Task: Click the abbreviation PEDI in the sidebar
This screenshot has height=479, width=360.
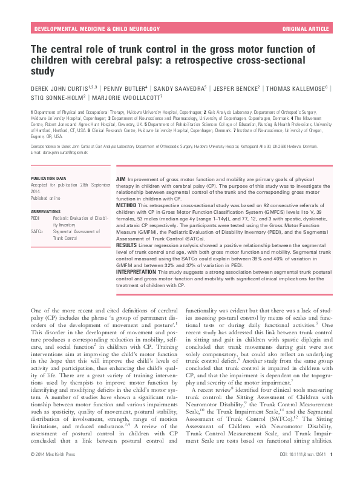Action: pyautogui.click(x=36, y=217)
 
